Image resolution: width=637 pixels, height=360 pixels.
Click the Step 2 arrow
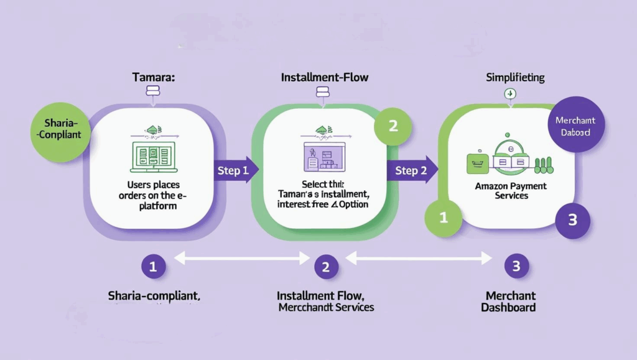(412, 169)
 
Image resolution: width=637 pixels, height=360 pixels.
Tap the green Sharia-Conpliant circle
(57, 128)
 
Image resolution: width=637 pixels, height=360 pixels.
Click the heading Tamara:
(153, 78)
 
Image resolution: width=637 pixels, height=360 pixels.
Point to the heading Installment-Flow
(325, 78)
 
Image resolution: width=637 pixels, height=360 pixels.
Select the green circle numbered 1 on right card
(444, 218)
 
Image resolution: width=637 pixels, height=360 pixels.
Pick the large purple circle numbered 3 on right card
(572, 219)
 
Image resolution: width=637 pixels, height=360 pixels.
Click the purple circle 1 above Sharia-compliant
(153, 267)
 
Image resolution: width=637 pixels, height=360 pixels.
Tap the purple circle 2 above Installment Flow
(325, 267)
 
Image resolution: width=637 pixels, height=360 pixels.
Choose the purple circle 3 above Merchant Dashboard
(516, 267)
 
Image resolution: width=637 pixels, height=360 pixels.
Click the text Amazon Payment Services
(511, 191)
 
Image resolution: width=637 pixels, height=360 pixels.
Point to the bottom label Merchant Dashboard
(511, 302)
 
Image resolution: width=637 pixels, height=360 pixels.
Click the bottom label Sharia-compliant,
(154, 295)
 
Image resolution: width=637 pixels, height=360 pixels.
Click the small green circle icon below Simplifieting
(510, 94)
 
